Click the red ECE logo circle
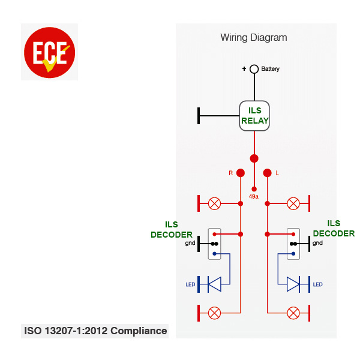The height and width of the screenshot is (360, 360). [49, 53]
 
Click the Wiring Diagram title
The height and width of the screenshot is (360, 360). [254, 38]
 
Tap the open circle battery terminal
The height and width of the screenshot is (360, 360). [254, 69]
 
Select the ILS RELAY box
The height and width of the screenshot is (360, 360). [254, 116]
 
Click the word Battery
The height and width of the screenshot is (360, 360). [270, 69]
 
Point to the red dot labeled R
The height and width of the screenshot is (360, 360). [241, 173]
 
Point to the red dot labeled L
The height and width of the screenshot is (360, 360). [267, 173]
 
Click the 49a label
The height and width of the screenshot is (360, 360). [254, 197]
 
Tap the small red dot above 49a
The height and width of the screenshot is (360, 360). [254, 189]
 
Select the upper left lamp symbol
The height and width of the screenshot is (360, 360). [214, 203]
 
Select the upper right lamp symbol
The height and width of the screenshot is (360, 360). [293, 203]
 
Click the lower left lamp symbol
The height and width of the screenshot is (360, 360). [214, 313]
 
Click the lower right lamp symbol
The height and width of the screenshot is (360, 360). [293, 313]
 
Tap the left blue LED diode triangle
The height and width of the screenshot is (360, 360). [214, 284]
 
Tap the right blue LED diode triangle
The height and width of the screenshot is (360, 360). [293, 284]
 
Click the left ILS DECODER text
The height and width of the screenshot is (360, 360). [172, 230]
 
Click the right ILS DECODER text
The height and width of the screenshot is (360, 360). [334, 229]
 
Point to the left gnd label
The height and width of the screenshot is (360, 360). [190, 243]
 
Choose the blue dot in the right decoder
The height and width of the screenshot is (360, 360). [293, 254]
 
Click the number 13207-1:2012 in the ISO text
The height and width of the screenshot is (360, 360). [76, 331]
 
